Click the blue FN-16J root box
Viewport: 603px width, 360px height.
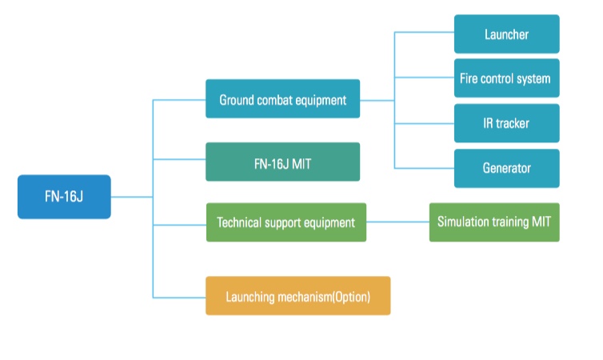point(64,197)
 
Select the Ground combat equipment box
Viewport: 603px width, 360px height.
point(282,100)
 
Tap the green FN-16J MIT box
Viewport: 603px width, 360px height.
point(282,162)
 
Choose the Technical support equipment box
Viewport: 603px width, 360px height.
point(286,222)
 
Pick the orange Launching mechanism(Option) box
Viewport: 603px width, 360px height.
point(298,296)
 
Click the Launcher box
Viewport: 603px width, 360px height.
point(506,34)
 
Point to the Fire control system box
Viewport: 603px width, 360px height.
point(506,79)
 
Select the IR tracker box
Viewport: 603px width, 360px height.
point(506,123)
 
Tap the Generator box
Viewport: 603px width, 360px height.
point(506,168)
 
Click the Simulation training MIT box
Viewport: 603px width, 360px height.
point(493,222)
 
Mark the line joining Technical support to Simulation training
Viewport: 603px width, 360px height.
point(397,222)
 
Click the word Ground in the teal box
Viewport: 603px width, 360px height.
point(238,100)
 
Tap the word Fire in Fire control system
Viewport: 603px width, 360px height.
point(469,79)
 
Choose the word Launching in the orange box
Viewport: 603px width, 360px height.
point(250,296)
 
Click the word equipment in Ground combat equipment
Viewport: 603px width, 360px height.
point(322,100)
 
